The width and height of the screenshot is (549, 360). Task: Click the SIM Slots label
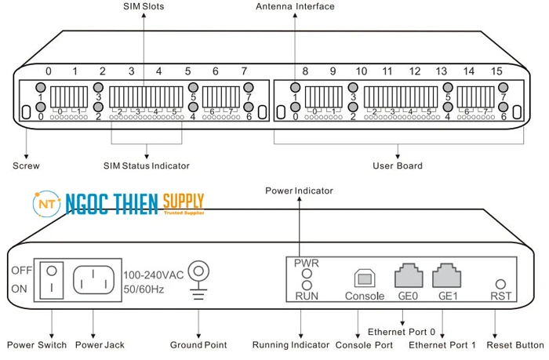(x=144, y=7)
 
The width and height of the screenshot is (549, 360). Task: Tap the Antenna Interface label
(x=295, y=7)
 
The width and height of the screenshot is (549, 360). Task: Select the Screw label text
(x=26, y=166)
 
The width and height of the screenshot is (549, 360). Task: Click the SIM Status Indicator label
(x=147, y=166)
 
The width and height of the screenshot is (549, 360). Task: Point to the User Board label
(x=398, y=166)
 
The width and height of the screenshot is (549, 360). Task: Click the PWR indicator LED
(x=307, y=274)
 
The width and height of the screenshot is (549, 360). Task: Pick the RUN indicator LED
(x=307, y=285)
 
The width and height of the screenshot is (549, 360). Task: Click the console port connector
(x=365, y=278)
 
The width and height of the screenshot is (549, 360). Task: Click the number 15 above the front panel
(x=496, y=71)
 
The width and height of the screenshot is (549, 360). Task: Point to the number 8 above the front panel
(x=305, y=71)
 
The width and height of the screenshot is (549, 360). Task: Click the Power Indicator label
(x=299, y=191)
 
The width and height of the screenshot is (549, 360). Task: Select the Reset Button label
(x=514, y=345)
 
